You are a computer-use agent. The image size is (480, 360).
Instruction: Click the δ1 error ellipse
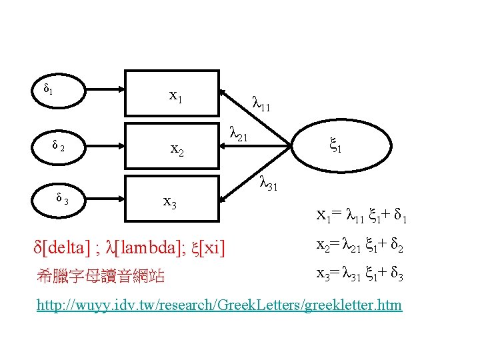tap(51, 87)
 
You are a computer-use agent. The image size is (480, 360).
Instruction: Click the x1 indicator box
tap(175, 97)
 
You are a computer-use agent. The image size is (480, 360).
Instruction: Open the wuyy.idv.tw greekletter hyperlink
tap(220, 305)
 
